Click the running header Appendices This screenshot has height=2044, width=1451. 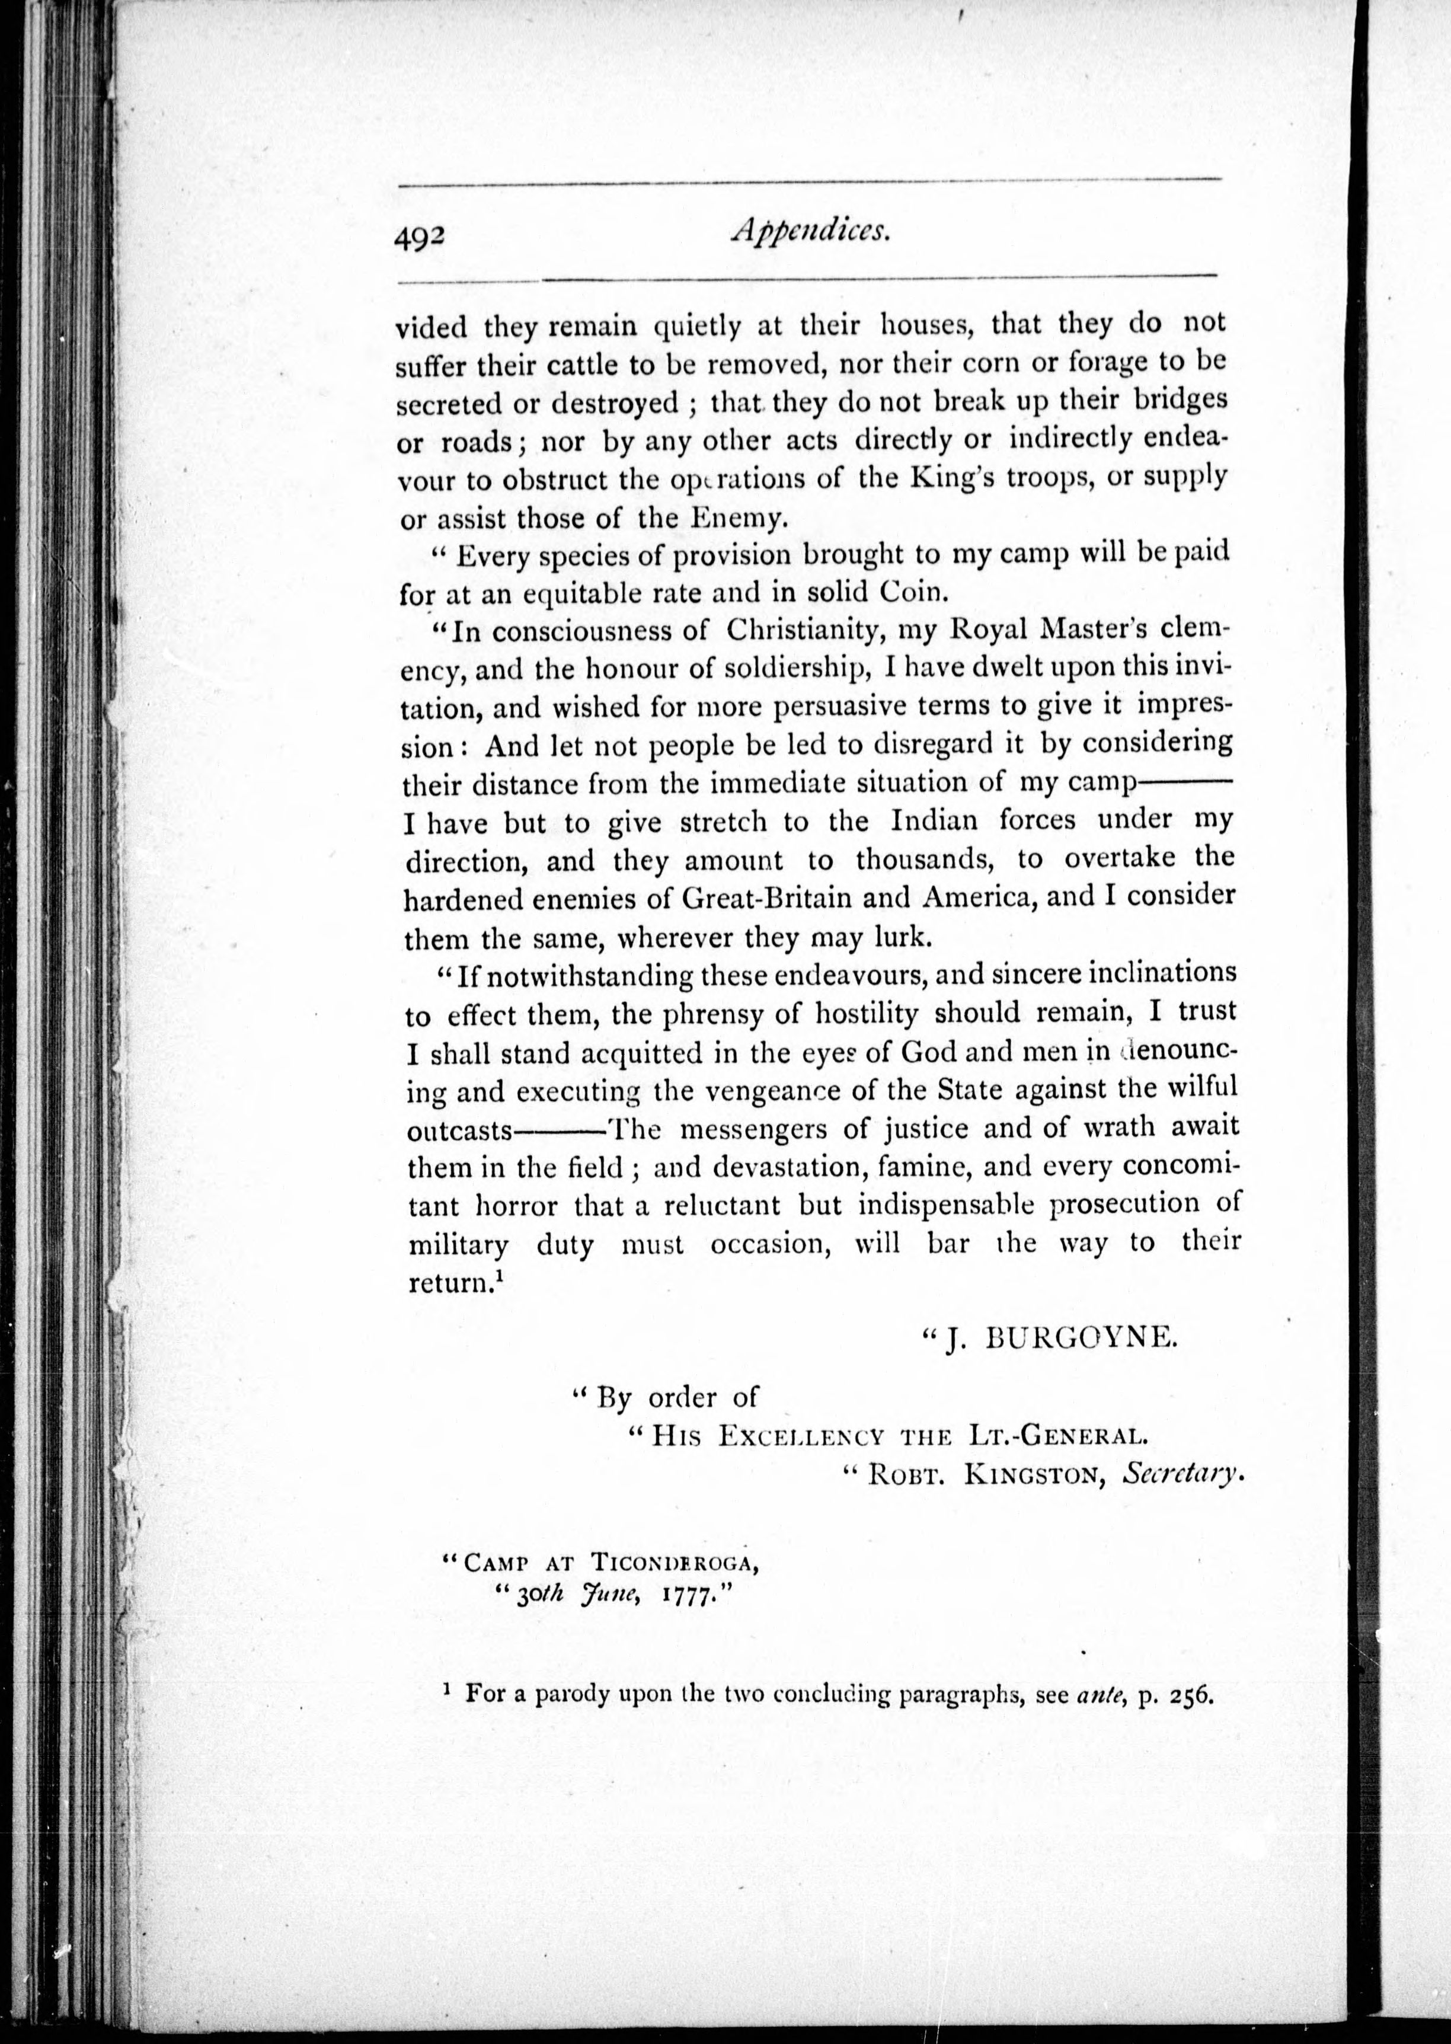pos(810,231)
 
